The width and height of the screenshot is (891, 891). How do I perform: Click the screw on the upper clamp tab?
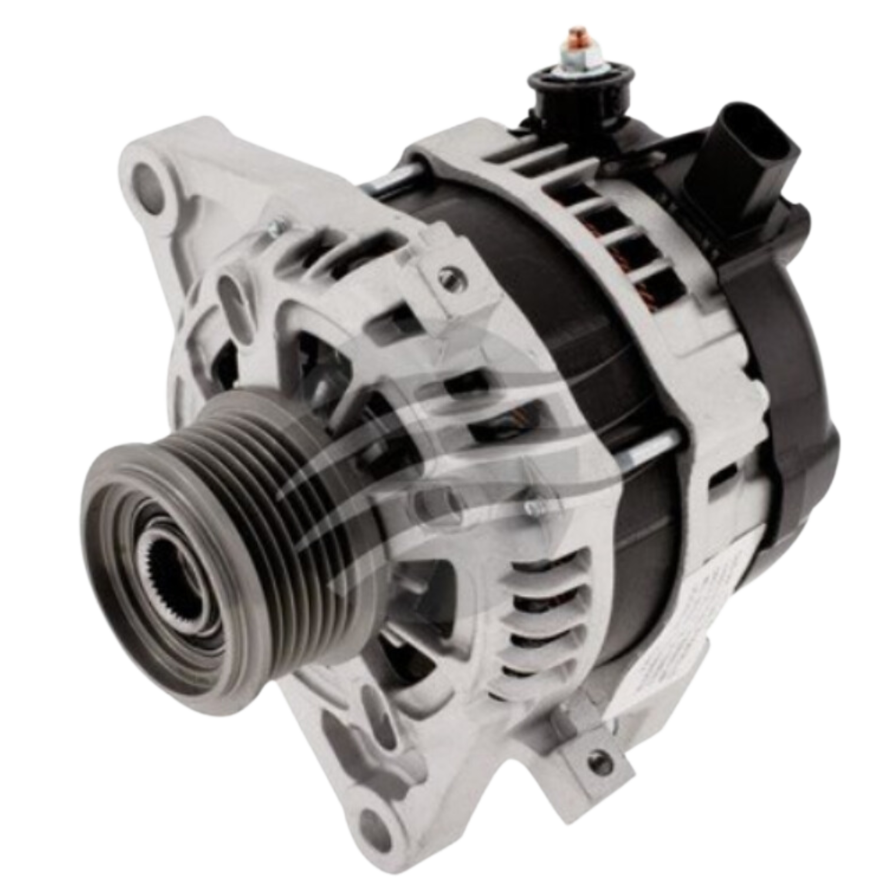point(448,277)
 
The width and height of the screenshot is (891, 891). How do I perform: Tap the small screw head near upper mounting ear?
point(277,225)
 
